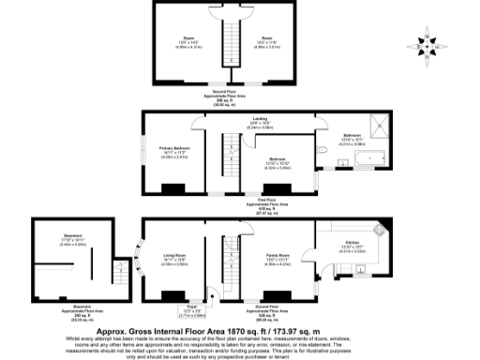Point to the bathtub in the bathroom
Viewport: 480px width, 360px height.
[x=360, y=159]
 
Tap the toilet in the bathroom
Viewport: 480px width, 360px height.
[x=321, y=147]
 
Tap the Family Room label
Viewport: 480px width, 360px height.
[x=275, y=254]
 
